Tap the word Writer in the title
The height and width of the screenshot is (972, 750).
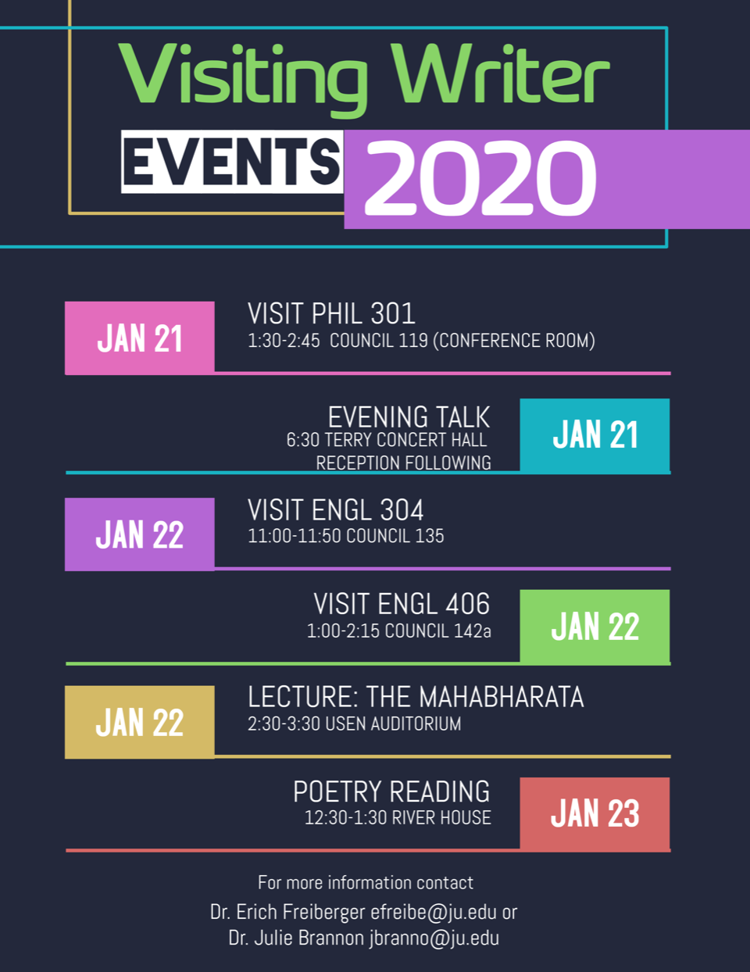point(500,73)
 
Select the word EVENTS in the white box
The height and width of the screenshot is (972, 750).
point(232,162)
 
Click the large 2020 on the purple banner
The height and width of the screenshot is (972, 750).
point(480,177)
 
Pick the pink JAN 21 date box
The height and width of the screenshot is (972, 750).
point(140,338)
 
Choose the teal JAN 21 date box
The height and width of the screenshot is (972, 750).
point(595,434)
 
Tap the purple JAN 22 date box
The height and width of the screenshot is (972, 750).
point(140,534)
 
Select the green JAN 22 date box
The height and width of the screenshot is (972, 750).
point(595,626)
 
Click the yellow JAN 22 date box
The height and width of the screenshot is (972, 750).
point(140,722)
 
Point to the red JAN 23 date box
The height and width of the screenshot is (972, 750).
point(595,813)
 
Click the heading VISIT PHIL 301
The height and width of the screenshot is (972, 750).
point(331,313)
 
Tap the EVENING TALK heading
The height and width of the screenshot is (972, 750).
point(409,417)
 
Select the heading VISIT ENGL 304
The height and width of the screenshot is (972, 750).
point(335,510)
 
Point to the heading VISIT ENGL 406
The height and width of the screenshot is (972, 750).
point(402,604)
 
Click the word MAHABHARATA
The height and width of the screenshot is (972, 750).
point(502,697)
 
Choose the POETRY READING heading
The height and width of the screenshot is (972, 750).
point(391,792)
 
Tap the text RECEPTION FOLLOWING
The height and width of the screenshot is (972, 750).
point(403,463)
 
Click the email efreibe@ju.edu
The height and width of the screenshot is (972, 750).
point(434,913)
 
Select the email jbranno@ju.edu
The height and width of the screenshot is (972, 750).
point(434,938)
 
